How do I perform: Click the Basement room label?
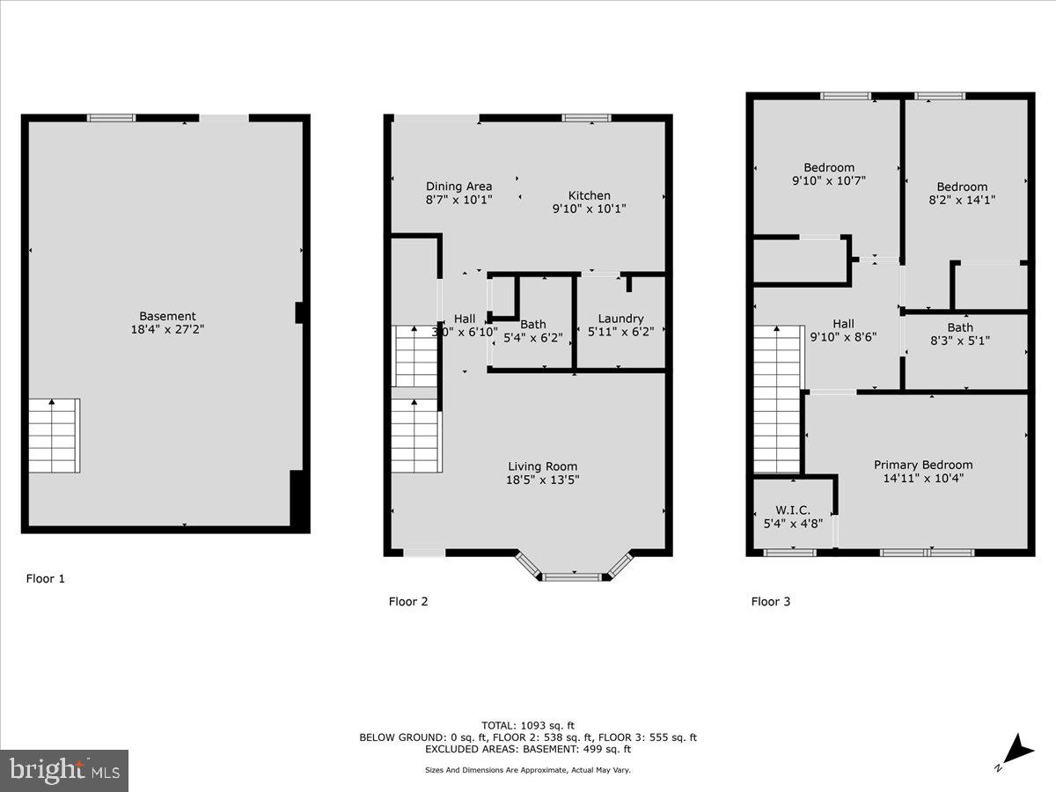pos(167,316)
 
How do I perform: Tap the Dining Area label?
pos(458,187)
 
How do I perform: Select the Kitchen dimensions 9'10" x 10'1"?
pos(589,209)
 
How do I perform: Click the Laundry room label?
pos(620,319)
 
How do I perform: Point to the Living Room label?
pos(542,466)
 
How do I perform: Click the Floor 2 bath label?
pos(532,325)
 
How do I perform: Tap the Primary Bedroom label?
pos(923,465)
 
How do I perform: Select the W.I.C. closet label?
pos(792,510)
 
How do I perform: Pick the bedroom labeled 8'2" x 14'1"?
pos(962,193)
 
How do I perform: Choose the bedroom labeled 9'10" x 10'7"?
pos(828,174)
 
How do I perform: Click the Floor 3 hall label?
pos(843,324)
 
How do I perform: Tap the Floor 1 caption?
pos(45,579)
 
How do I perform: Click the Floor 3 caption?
pos(770,602)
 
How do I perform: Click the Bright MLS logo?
pos(64,770)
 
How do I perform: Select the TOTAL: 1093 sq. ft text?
pos(527,724)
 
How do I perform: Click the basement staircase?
pos(54,435)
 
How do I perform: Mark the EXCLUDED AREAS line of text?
pos(527,750)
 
